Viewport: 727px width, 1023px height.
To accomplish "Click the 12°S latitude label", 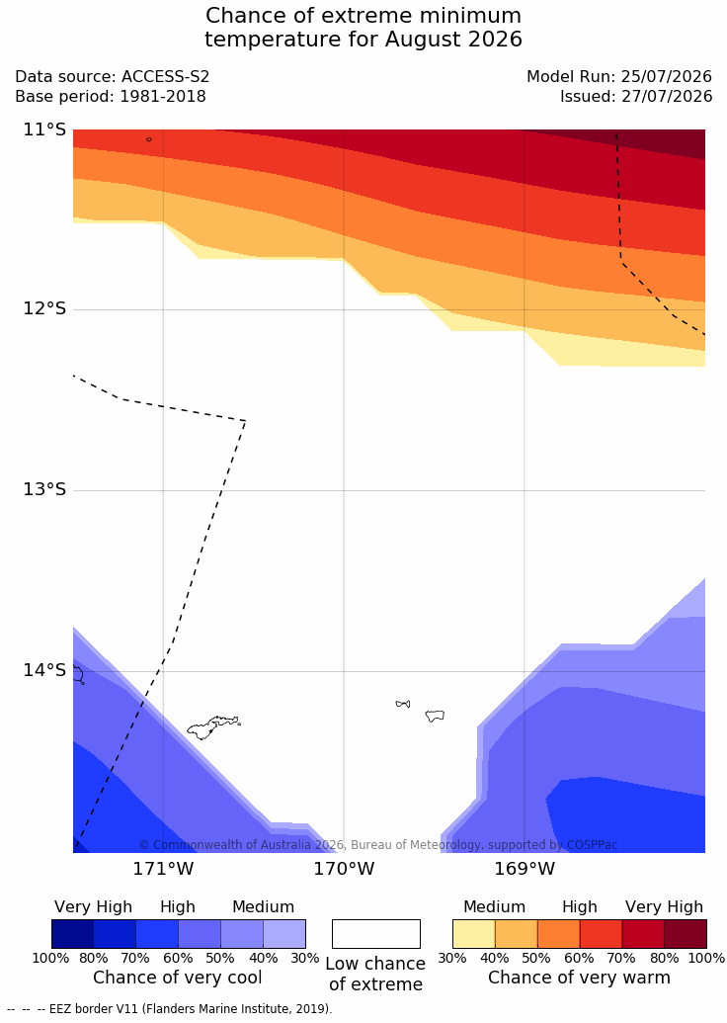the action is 45,308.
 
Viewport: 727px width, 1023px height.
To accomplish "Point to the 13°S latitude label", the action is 45,488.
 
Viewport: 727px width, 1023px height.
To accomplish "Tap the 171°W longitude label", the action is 164,869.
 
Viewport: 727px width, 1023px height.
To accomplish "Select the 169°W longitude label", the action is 525,869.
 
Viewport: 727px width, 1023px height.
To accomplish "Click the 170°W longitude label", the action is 345,869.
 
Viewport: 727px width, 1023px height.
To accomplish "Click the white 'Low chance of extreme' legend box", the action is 376,934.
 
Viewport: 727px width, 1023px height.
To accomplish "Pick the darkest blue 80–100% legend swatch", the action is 72,934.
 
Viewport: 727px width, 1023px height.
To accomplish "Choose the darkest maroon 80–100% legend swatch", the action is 686,934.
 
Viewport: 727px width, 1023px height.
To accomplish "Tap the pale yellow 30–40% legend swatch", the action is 473,934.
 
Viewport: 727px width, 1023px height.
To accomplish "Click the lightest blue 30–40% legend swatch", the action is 284,934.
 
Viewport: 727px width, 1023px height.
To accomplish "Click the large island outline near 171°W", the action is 213,726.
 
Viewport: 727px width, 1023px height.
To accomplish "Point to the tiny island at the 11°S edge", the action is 149,139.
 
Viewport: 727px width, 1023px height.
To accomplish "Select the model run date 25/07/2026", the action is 667,76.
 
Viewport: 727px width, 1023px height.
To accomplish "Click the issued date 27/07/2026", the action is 667,97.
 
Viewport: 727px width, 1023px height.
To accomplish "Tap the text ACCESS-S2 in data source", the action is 166,76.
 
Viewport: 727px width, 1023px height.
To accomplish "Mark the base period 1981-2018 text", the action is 162,97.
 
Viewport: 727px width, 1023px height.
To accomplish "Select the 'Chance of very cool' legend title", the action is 178,978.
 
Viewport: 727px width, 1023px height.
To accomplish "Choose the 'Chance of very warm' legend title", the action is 579,978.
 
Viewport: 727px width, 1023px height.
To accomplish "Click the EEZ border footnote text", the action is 170,1008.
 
